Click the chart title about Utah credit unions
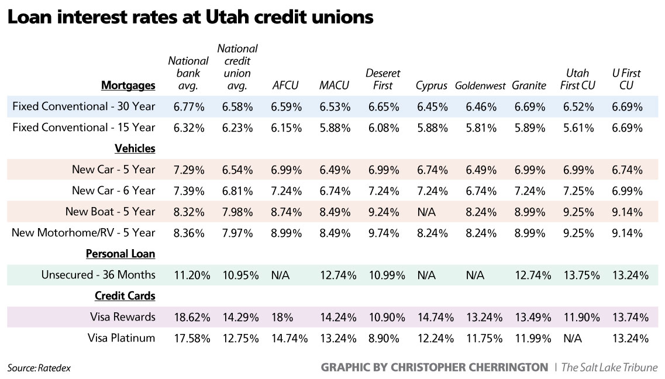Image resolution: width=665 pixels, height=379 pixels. [x=189, y=18]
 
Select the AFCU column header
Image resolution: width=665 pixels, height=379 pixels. [x=285, y=85]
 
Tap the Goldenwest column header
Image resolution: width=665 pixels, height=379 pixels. [x=480, y=86]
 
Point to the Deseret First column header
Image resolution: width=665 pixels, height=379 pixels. [x=383, y=80]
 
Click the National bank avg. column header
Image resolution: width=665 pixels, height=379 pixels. [x=188, y=73]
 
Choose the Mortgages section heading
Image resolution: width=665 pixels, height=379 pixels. [x=128, y=85]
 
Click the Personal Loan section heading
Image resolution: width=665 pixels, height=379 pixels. [x=120, y=254]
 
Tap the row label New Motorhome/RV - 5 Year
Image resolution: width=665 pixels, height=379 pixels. [x=84, y=233]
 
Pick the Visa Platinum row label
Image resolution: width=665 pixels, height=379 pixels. [x=122, y=337]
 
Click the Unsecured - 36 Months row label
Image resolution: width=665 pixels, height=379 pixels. [x=98, y=275]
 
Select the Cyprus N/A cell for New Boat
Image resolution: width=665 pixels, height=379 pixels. [x=426, y=212]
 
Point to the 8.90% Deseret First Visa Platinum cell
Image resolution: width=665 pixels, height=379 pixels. [x=383, y=338]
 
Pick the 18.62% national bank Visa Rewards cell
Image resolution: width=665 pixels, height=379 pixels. [x=188, y=317]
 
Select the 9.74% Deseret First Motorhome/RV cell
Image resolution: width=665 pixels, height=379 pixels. [x=383, y=233]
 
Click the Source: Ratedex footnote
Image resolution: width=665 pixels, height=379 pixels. [x=35, y=368]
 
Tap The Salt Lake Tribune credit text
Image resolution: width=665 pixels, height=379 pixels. [x=609, y=367]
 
